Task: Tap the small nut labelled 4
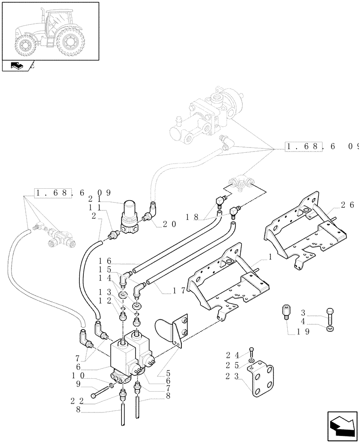[329, 329]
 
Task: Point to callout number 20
[169, 224]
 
